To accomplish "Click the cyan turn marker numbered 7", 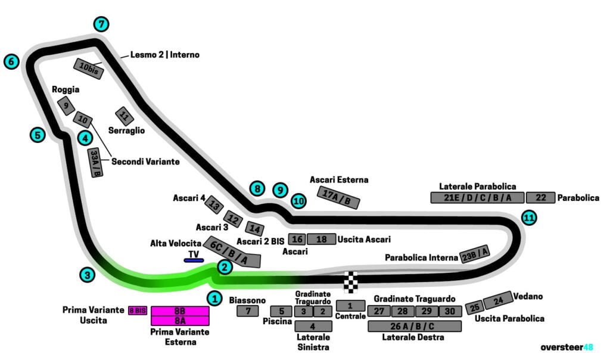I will [x=102, y=24].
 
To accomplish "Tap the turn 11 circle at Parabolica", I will [x=528, y=218].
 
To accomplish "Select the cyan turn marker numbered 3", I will [x=87, y=275].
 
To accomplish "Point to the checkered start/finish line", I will [x=352, y=281].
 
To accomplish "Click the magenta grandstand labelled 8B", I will [x=179, y=311].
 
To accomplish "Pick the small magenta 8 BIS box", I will [x=138, y=311].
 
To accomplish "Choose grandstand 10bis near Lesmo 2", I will [x=88, y=69].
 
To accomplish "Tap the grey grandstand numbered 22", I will [x=540, y=198].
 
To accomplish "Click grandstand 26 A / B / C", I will [x=415, y=326].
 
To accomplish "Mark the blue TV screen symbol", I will [x=194, y=260].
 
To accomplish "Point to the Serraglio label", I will [x=126, y=130].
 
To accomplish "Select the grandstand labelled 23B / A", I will [x=475, y=255].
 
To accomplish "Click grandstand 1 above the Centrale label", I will [x=350, y=305].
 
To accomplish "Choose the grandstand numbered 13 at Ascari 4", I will [x=214, y=206].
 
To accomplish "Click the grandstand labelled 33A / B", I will [x=95, y=162].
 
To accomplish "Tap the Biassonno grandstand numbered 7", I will [x=247, y=311].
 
